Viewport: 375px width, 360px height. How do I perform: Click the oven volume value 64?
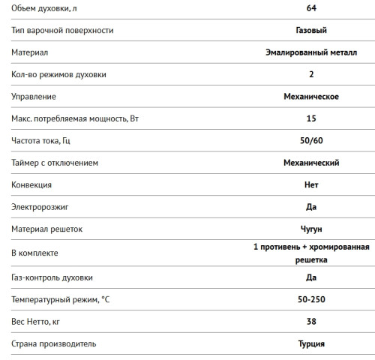pyautogui.click(x=311, y=9)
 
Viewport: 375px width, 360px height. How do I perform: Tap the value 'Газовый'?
pyautogui.click(x=311, y=31)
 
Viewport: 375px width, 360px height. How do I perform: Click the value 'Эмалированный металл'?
pyautogui.click(x=311, y=52)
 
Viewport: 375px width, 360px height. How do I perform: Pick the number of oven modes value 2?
pyautogui.click(x=311, y=75)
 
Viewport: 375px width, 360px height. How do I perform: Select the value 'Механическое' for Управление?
pyautogui.click(x=311, y=97)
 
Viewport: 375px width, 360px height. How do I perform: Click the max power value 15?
pyautogui.click(x=311, y=118)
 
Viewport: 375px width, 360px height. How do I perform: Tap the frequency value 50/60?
pyautogui.click(x=311, y=140)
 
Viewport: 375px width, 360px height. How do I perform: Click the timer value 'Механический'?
pyautogui.click(x=311, y=162)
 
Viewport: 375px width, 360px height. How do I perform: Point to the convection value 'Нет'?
pyautogui.click(x=311, y=184)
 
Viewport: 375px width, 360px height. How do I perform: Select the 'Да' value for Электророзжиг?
pyautogui.click(x=311, y=205)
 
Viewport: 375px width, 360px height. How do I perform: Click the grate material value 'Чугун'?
pyautogui.click(x=311, y=228)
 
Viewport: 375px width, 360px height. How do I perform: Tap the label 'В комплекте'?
pyautogui.click(x=35, y=253)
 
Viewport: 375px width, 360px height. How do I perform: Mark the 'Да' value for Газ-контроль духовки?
pyautogui.click(x=311, y=277)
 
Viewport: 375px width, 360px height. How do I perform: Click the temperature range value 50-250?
pyautogui.click(x=311, y=300)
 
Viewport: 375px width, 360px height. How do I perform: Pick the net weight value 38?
pyautogui.click(x=311, y=322)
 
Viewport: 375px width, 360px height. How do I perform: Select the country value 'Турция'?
pyautogui.click(x=311, y=343)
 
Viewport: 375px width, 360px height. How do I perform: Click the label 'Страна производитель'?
pyautogui.click(x=54, y=343)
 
